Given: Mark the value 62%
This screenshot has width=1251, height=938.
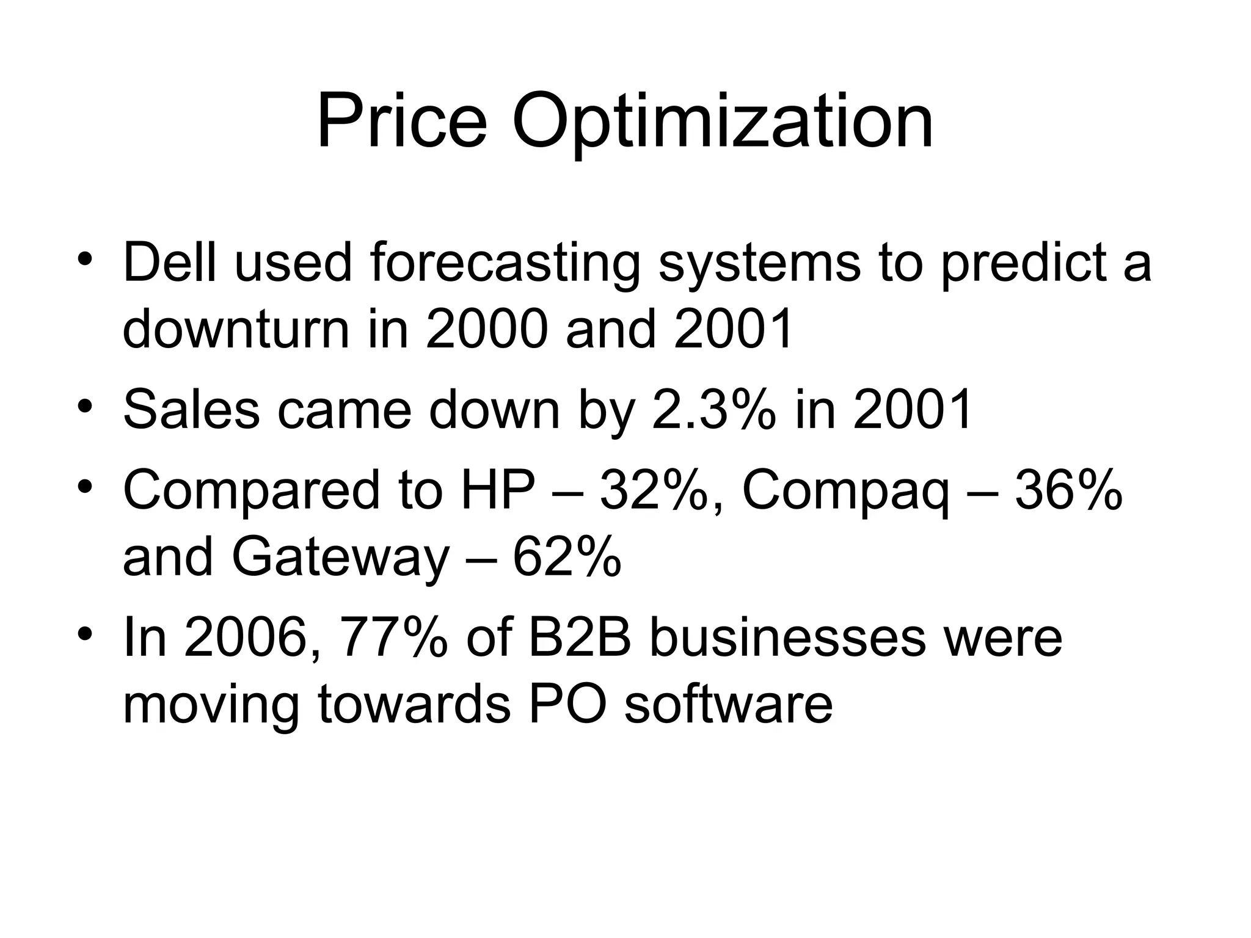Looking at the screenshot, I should [x=567, y=557].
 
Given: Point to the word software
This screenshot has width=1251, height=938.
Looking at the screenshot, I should [x=728, y=704].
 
